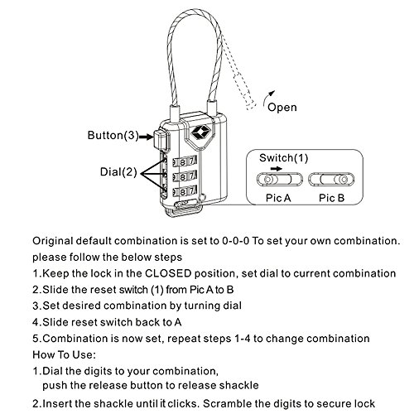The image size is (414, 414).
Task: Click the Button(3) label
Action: (x=113, y=135)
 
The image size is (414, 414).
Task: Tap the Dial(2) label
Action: (x=118, y=171)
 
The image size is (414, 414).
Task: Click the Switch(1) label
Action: (x=283, y=158)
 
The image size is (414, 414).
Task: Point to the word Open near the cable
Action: (x=282, y=107)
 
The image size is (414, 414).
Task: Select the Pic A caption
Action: (x=278, y=198)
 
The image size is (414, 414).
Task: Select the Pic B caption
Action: (x=332, y=198)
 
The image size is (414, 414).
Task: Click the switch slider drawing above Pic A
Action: (x=279, y=180)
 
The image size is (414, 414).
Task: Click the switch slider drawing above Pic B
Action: (x=331, y=180)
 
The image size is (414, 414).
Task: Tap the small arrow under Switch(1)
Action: (x=277, y=169)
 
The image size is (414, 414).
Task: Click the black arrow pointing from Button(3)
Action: (x=147, y=137)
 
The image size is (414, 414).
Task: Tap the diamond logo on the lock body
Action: (x=200, y=132)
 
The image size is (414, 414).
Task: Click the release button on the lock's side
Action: (x=160, y=139)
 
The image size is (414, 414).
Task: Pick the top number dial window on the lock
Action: (x=185, y=161)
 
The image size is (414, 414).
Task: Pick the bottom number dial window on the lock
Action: (x=185, y=191)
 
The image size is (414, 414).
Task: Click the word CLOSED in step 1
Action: (x=168, y=273)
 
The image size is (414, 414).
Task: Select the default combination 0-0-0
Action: (x=235, y=241)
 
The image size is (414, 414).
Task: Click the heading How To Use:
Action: (x=64, y=354)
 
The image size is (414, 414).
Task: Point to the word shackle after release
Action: (x=239, y=385)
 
